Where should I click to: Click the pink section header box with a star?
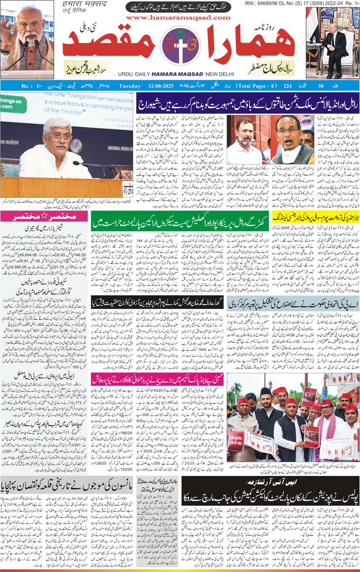[x=44, y=216]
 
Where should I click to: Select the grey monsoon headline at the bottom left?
[x=67, y=487]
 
